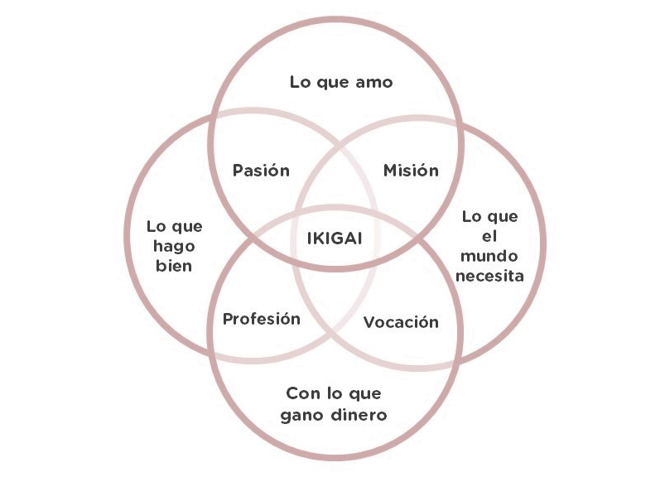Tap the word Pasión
pyautogui.click(x=261, y=171)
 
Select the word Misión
pyautogui.click(x=411, y=171)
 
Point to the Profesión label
pyautogui.click(x=262, y=319)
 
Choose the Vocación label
pyautogui.click(x=401, y=322)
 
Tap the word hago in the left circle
pyautogui.click(x=163, y=246)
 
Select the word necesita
pyautogui.click(x=490, y=277)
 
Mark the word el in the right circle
pyautogui.click(x=490, y=237)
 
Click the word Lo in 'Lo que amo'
pyautogui.click(x=300, y=83)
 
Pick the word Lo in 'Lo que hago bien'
pyautogui.click(x=155, y=226)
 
